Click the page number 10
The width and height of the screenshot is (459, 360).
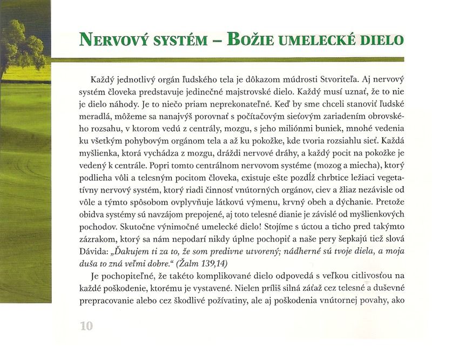tap(86, 325)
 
